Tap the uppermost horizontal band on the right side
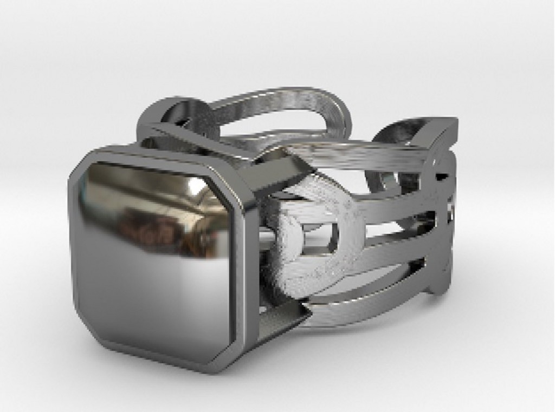point(358,154)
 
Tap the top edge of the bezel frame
point(157,154)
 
